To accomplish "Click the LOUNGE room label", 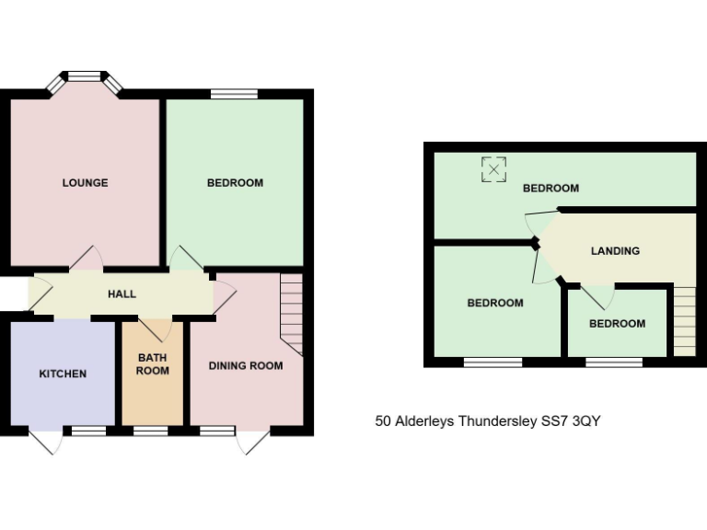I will pos(85,182).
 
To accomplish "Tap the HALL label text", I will pos(122,294).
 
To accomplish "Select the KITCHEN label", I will pos(63,374).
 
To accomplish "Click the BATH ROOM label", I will pos(153,364).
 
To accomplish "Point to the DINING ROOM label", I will pos(245,366).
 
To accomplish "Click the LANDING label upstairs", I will pos(615,250).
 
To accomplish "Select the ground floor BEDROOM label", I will pos(235,182).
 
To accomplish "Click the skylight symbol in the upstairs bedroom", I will pos(494,169).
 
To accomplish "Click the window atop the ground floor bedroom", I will pos(234,93).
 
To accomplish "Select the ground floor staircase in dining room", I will pos(291,315).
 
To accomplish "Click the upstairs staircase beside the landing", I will pos(684,320).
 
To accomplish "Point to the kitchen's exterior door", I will pos(46,442).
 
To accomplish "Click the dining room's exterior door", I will pos(252,442).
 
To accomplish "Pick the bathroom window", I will pos(151,431).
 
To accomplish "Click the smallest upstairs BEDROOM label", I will pos(617,324).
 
